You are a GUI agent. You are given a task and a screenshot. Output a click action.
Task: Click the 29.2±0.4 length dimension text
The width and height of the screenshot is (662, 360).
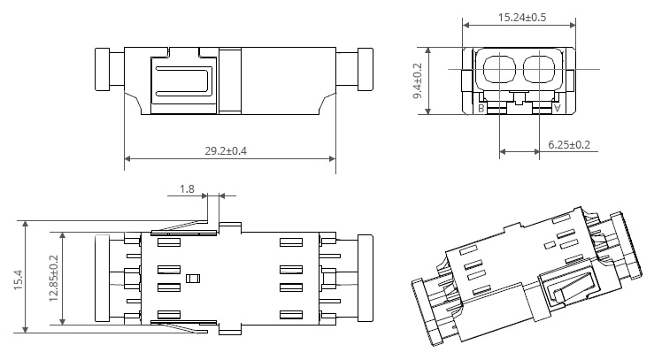point(226,150)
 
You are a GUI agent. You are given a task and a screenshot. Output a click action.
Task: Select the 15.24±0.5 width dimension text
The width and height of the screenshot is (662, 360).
point(522,18)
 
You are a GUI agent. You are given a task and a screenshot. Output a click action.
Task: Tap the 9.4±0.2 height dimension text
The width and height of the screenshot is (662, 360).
point(417,81)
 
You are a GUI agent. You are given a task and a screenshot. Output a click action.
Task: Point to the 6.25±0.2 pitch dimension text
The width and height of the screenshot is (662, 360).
point(569,145)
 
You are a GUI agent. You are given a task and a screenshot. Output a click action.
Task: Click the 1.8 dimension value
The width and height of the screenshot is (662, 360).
point(187,188)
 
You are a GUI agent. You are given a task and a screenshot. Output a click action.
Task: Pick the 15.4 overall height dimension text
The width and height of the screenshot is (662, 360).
point(19,280)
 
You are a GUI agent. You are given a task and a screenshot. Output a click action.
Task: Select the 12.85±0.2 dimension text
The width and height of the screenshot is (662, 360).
point(54,278)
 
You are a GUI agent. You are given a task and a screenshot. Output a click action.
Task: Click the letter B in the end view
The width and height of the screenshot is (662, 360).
point(481,109)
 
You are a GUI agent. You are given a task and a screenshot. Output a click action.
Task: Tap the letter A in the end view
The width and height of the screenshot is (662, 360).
point(558,109)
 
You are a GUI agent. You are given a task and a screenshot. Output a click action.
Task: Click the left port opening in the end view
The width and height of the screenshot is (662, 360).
point(499,69)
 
